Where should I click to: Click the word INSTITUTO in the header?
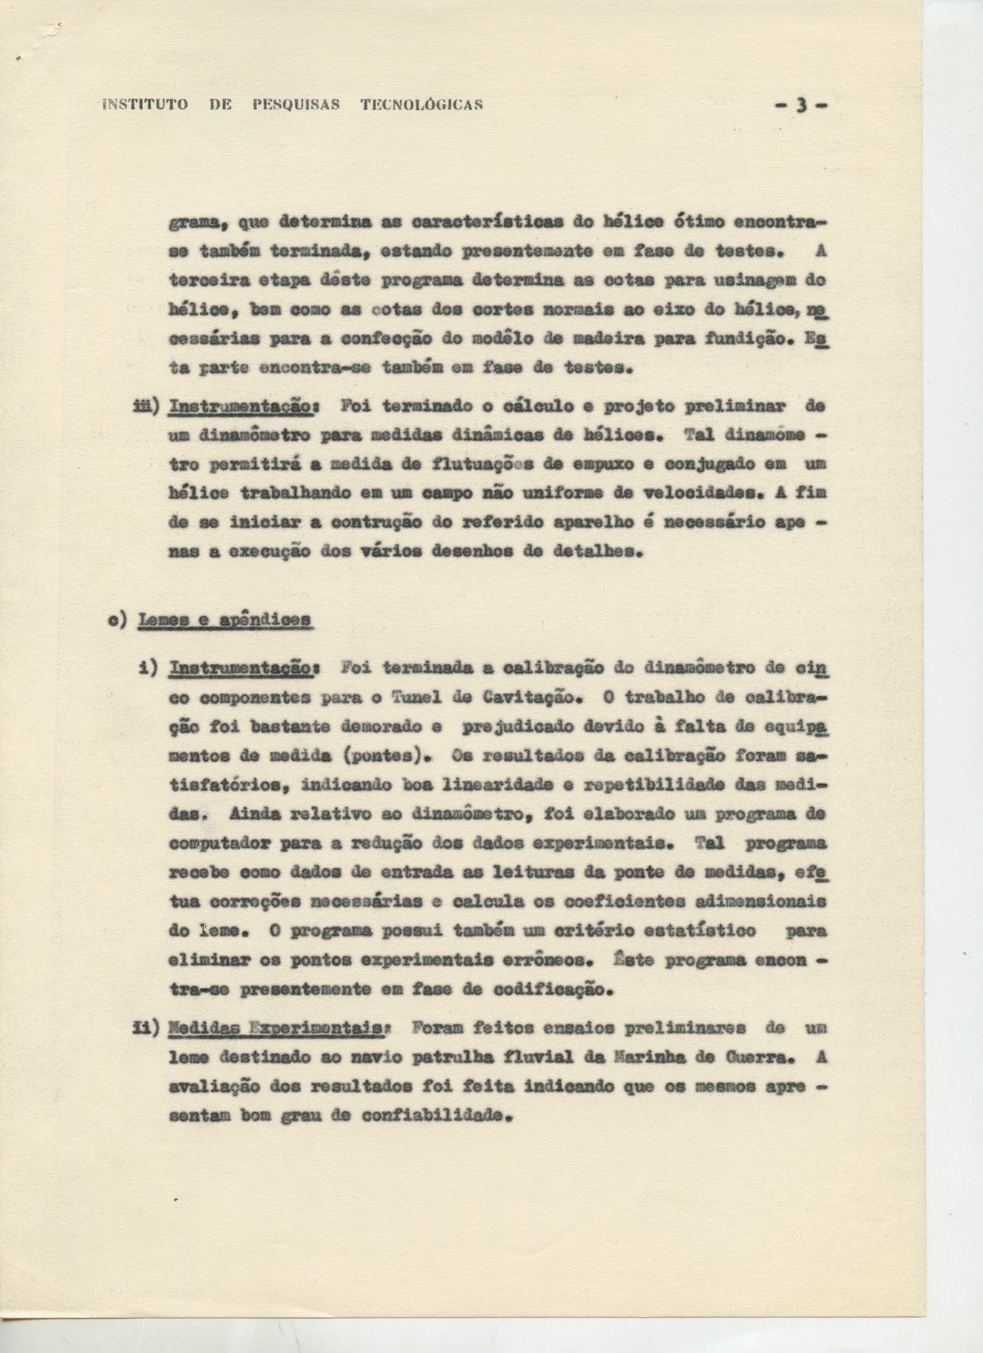(145, 105)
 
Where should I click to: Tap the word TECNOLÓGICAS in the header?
(422, 105)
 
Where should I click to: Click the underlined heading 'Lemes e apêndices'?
(225, 620)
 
